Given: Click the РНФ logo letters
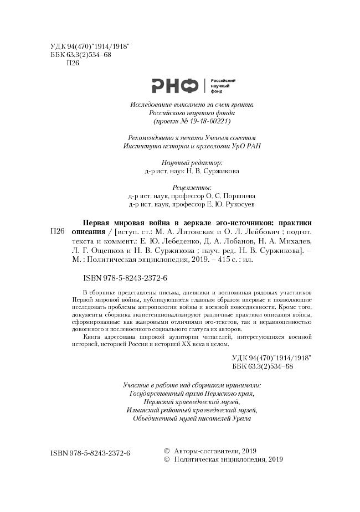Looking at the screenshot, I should click(x=174, y=85).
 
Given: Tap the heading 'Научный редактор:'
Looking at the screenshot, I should click(x=192, y=163).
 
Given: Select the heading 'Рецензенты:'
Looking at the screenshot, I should click(x=192, y=188).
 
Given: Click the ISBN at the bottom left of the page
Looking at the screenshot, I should click(x=90, y=453).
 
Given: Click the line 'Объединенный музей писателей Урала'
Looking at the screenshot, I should click(x=192, y=418).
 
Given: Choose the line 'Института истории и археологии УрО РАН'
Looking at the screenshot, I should click(x=192, y=146).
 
